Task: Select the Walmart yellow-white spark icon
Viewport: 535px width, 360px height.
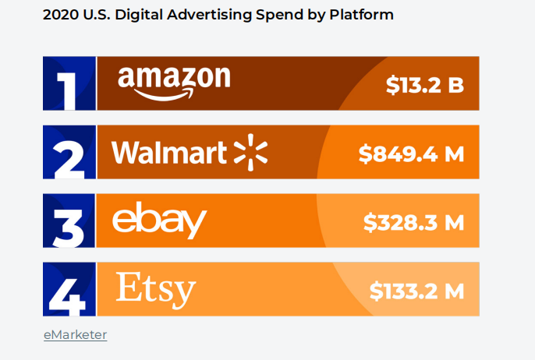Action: coord(251,152)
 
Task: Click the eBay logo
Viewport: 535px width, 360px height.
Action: coord(159,221)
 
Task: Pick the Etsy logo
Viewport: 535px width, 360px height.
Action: coord(155,289)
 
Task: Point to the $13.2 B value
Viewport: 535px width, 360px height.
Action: coord(425,85)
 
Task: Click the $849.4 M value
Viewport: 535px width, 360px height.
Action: coord(411,154)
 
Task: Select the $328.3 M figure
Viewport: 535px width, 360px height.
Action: coord(413,223)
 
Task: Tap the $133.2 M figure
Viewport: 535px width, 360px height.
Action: coord(416,291)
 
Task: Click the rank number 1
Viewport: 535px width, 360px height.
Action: coord(69,85)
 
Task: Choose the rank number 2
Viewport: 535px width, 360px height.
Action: coord(69,154)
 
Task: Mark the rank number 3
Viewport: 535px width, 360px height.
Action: coord(69,222)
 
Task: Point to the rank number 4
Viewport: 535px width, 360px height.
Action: coord(69,291)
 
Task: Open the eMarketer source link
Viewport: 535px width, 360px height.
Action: coord(75,335)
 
